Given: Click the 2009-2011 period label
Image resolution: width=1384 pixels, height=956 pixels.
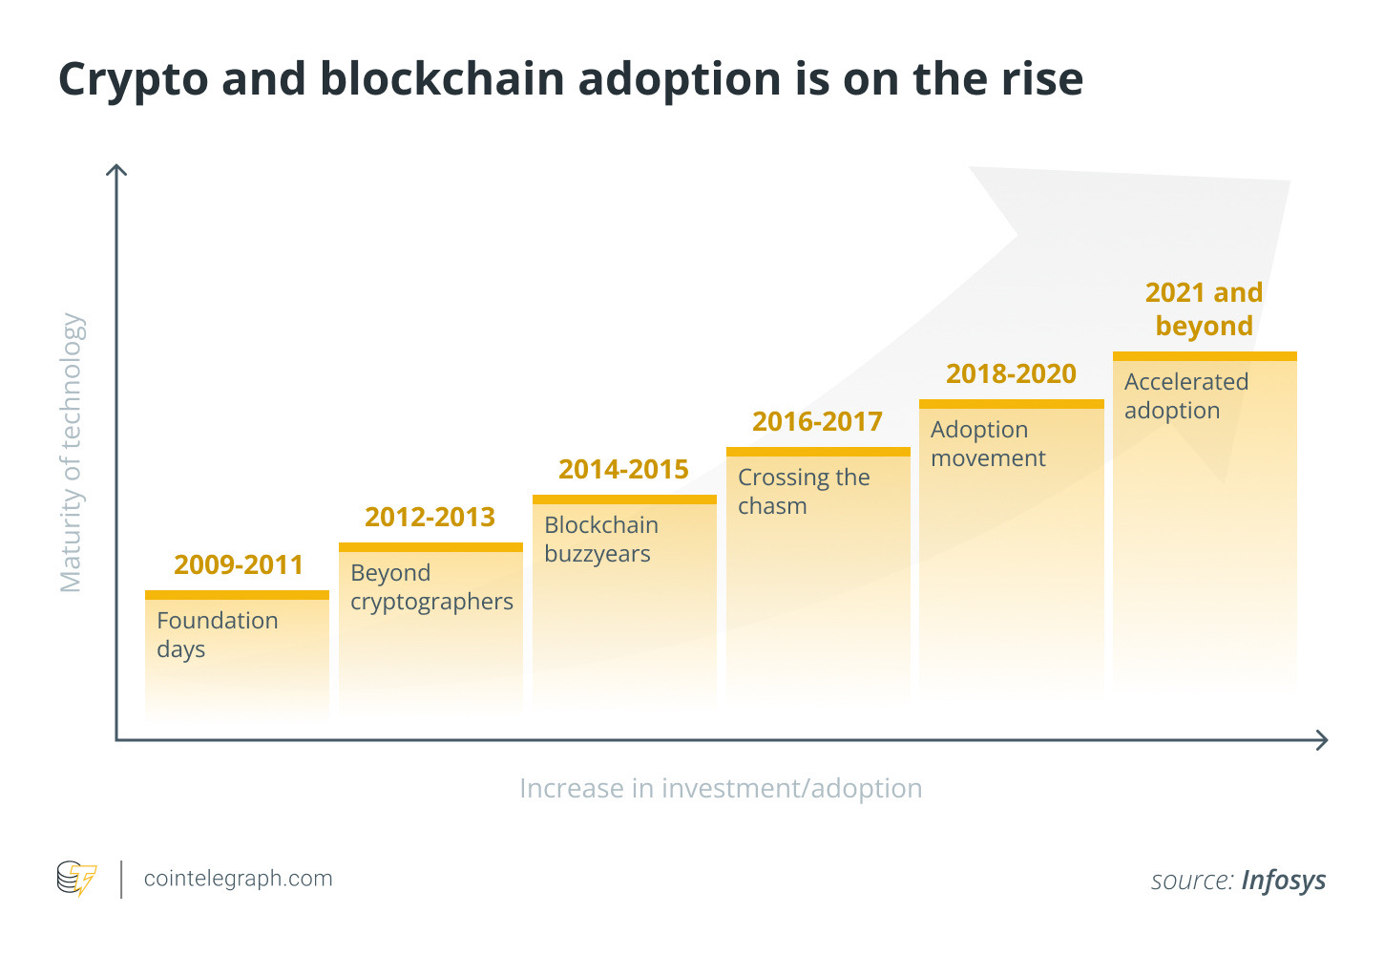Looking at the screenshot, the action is click(239, 564).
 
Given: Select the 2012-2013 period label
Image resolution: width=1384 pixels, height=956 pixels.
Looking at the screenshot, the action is click(430, 517).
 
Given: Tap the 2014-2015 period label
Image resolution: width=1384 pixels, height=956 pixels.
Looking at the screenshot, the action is click(623, 469).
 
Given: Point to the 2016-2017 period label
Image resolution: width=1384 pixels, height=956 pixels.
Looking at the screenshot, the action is click(817, 422).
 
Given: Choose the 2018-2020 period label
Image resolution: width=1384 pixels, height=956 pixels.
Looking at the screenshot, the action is click(1012, 373).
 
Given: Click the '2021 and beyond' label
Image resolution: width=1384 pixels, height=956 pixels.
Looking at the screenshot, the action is click(1205, 309).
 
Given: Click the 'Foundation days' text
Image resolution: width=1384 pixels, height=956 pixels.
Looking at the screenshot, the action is click(218, 635).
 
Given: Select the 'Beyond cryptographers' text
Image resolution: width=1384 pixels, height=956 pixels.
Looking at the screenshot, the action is click(431, 587).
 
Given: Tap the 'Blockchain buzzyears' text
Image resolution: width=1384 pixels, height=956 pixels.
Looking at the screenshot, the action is click(601, 540).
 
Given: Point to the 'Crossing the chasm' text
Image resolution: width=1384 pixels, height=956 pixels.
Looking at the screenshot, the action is click(804, 492).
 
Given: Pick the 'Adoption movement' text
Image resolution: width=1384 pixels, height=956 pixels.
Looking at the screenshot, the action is click(988, 444).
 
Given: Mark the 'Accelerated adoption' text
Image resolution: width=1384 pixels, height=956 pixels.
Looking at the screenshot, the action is click(1186, 396).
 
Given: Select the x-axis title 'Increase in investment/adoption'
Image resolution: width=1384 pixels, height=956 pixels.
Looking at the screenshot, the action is click(721, 789).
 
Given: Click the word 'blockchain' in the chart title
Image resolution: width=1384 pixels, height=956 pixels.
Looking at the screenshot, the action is click(442, 79).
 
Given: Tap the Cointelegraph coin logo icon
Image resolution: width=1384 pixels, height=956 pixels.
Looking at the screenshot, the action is click(76, 878).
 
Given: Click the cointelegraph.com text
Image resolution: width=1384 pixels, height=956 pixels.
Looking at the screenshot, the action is click(239, 879).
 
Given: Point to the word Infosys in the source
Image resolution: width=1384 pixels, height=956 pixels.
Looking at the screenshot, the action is click(1284, 881).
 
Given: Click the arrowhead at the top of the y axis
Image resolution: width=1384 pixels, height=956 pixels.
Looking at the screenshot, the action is click(116, 169).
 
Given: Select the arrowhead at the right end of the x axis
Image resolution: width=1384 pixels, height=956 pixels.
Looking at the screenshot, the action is click(1322, 740).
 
